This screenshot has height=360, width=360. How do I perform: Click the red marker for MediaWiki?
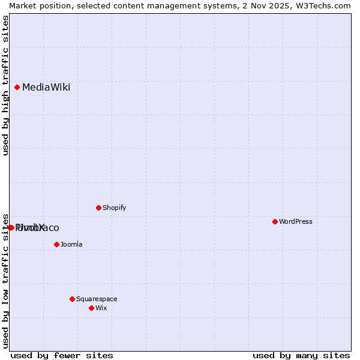pos(17,87)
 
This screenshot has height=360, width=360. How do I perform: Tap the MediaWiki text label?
pos(46,88)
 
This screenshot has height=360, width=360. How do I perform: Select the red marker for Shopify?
pos(98,208)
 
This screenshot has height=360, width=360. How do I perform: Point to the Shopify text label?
pos(114,208)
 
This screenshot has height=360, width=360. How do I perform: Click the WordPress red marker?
pos(275,221)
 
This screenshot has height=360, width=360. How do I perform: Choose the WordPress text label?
pos(295,222)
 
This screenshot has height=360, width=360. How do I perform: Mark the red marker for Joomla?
pos(56,244)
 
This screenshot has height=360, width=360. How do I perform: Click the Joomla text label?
pos(71,245)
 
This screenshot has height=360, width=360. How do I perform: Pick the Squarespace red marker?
pos(72,299)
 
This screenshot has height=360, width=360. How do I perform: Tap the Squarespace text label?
pos(97,299)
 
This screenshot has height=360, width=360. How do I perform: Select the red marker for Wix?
pos(91,308)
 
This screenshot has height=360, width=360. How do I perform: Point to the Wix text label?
pos(101,308)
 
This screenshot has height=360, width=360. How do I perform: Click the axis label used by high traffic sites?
pos(5,85)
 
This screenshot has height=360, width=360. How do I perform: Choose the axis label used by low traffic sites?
pos(5,280)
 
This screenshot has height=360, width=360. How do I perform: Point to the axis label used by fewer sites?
pos(62,355)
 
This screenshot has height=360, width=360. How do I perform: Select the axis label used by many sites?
pos(301,355)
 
